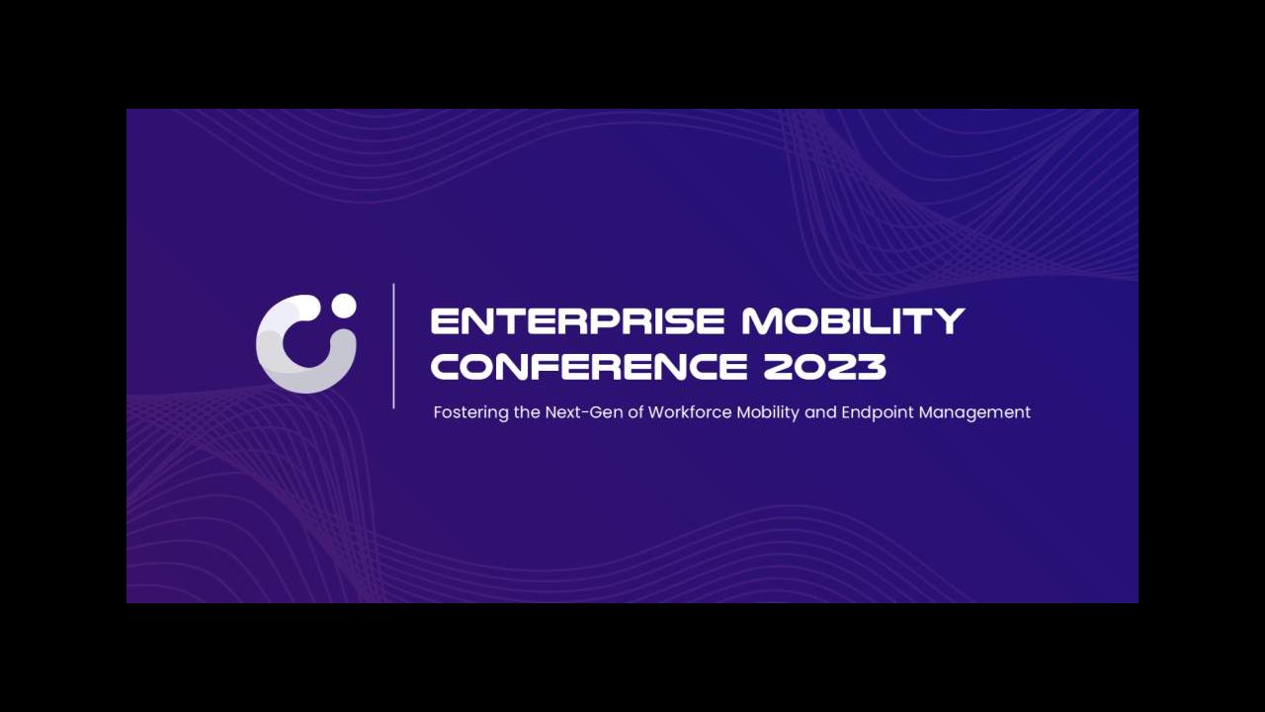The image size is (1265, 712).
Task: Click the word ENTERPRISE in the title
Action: click(577, 321)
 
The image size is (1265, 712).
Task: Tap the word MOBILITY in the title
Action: click(853, 321)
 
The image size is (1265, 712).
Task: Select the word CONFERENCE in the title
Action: click(589, 366)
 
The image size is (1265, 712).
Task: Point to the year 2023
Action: click(824, 366)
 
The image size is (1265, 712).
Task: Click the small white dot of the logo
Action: click(343, 306)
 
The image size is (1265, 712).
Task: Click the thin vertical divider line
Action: click(393, 345)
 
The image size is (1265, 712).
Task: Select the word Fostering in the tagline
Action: click(471, 413)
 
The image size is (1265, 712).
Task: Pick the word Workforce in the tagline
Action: click(690, 412)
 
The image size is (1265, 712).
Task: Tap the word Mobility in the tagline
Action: click(768, 413)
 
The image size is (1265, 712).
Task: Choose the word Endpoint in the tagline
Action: click(878, 413)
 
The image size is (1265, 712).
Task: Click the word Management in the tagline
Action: click(974, 413)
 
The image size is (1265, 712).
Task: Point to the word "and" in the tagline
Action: click(820, 412)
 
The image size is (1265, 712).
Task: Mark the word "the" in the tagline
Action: click(527, 412)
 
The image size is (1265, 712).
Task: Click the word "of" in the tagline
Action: click(635, 412)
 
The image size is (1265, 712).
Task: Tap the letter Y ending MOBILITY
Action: click(951, 321)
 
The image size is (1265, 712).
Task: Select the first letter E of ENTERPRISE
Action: click(444, 321)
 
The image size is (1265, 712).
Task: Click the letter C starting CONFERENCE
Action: click(446, 366)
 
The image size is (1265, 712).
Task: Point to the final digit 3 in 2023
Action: click(871, 366)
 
